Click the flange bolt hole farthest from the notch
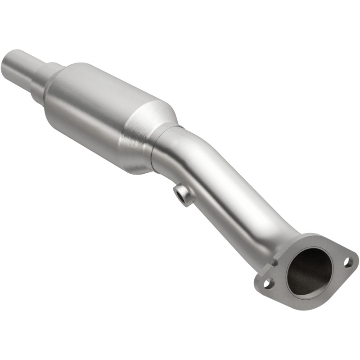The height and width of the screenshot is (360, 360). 348,261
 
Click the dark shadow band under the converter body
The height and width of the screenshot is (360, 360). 112,157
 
